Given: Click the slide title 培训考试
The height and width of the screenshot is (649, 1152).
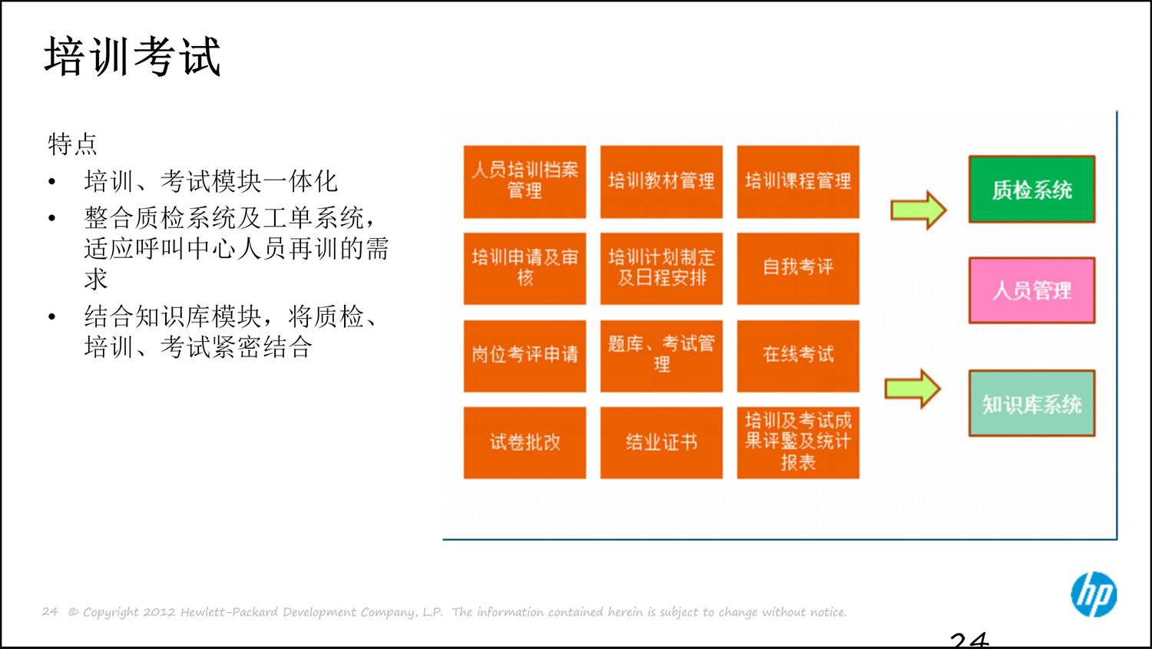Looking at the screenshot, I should (132, 57).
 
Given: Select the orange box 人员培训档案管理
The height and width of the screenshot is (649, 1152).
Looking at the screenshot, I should (525, 181).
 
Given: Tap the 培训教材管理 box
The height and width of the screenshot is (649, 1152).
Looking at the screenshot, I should (661, 181).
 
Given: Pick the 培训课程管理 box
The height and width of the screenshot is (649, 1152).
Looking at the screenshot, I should (798, 181).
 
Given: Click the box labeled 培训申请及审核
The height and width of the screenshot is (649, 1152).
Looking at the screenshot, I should (525, 268).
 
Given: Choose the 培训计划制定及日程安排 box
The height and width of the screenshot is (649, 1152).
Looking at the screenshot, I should (661, 268).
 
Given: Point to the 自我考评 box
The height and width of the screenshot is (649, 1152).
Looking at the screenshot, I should (798, 268).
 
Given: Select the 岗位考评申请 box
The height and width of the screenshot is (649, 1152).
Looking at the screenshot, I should (525, 356).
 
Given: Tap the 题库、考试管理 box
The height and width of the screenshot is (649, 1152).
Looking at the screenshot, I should (661, 356).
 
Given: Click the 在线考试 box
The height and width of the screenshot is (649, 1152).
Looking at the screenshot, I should (798, 356).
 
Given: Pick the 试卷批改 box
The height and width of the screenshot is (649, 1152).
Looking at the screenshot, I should (525, 442).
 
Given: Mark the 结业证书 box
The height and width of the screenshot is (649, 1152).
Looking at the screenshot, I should (661, 442).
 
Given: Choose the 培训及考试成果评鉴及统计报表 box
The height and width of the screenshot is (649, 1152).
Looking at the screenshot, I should (798, 442).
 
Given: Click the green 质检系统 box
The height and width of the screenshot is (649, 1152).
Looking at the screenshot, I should (1031, 190).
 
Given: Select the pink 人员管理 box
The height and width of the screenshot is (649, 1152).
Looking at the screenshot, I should (1031, 290).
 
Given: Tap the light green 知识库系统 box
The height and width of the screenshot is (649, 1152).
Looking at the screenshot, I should (1031, 403).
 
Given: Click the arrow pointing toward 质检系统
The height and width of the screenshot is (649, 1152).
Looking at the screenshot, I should (919, 210).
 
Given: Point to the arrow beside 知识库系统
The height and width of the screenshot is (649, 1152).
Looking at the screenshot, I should (912, 389).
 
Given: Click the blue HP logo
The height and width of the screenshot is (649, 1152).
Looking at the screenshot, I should (1094, 594).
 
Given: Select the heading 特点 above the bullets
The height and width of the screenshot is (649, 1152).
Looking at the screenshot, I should (72, 144).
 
